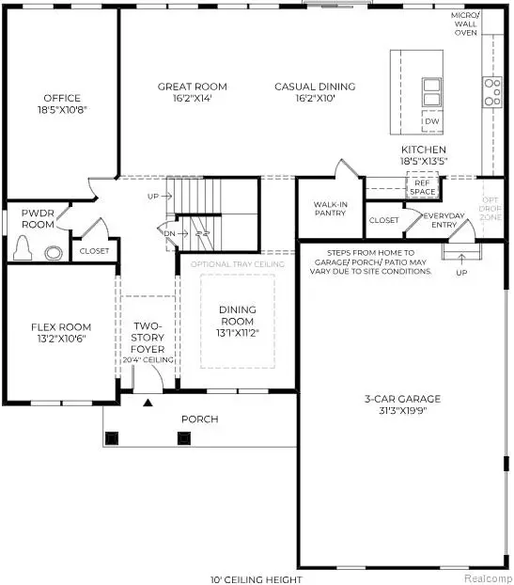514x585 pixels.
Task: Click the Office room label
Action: (x=62, y=98)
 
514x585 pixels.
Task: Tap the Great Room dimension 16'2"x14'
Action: (x=192, y=98)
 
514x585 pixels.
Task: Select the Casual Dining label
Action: (x=315, y=87)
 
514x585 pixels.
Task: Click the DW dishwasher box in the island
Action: (x=431, y=121)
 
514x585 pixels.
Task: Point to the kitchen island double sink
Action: (x=431, y=91)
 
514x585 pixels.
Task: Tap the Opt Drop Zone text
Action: (x=491, y=208)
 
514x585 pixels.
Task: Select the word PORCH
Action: (x=200, y=419)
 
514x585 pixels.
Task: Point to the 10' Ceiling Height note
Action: (x=257, y=577)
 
